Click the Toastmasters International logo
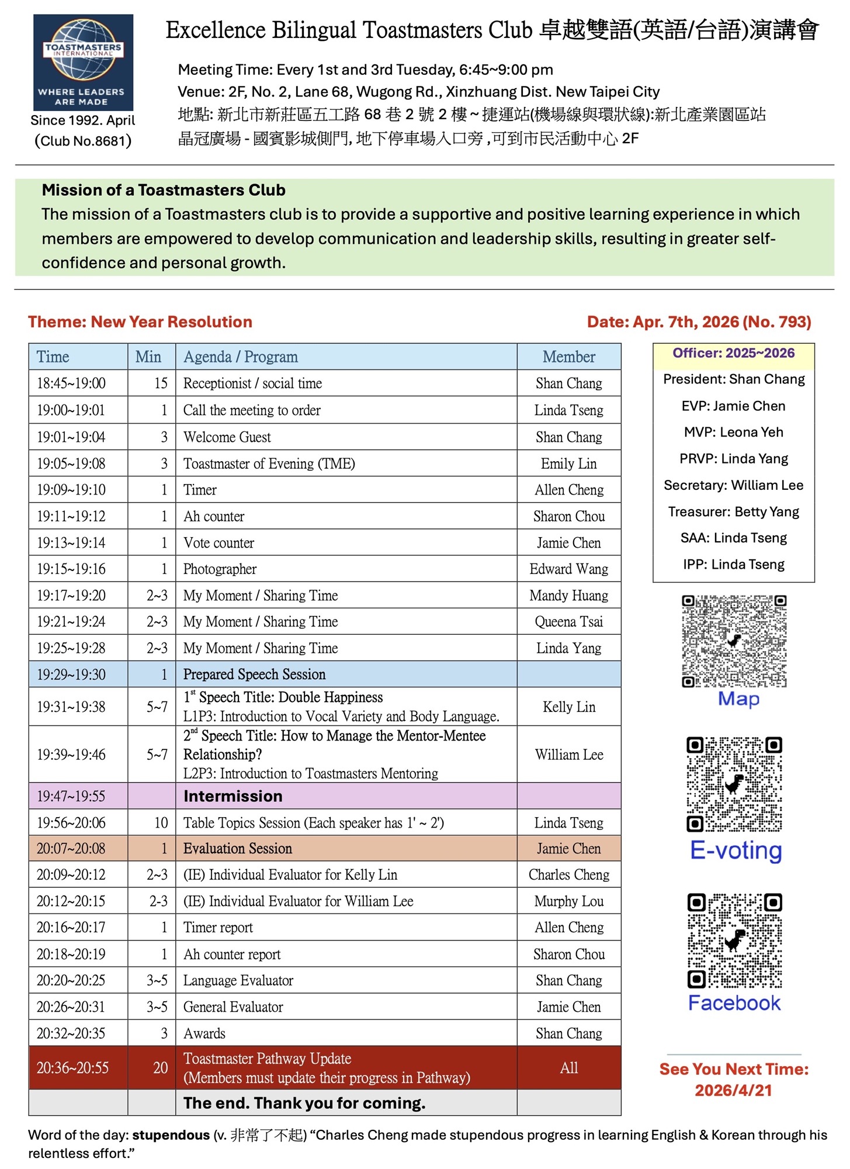point(83,63)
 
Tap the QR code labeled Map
point(734,641)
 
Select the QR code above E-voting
point(734,784)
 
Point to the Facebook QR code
point(734,940)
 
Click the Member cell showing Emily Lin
point(568,464)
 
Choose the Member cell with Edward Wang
point(568,569)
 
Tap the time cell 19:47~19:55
point(71,796)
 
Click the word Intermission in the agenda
point(233,796)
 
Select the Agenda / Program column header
point(241,357)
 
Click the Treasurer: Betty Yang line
point(733,511)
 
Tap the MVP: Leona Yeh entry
point(733,432)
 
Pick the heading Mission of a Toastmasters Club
point(164,190)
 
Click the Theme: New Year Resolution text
point(140,322)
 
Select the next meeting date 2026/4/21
point(733,1090)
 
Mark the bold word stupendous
point(171,1135)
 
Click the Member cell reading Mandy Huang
point(568,595)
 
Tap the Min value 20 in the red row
point(160,1068)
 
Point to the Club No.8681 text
point(83,141)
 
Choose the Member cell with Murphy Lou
point(568,901)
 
